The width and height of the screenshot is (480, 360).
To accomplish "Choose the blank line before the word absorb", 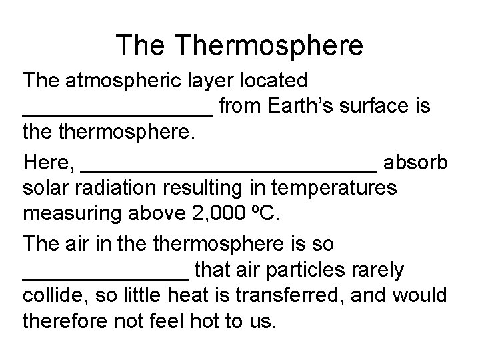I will [229, 169].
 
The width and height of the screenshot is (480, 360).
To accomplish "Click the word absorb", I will [416, 162].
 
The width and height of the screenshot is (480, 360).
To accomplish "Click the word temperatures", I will [337, 188].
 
